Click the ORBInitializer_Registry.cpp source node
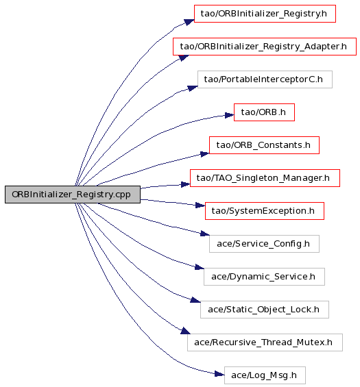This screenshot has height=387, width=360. (x=73, y=195)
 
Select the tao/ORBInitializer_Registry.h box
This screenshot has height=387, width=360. (x=265, y=14)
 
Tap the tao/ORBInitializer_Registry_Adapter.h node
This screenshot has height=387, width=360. (x=265, y=47)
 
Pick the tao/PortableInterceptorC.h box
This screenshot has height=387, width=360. (x=265, y=79)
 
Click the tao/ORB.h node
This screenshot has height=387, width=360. (x=264, y=112)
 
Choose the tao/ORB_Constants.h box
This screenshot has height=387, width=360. (x=264, y=145)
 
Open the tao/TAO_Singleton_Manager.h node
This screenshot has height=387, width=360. (x=265, y=178)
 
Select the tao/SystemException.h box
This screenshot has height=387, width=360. (x=265, y=211)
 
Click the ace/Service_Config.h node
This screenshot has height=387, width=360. (x=264, y=244)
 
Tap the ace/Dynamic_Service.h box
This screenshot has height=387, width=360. (x=264, y=277)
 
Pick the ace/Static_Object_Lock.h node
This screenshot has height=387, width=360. (x=265, y=310)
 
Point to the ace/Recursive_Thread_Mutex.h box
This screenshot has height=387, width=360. (x=265, y=342)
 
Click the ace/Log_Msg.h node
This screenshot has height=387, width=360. (x=265, y=375)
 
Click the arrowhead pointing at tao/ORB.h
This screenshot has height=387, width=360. (x=229, y=115)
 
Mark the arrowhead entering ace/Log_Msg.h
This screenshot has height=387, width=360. (x=219, y=374)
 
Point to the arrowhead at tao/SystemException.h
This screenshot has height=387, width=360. (x=200, y=205)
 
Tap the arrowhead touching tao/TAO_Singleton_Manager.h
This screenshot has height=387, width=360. (x=186, y=184)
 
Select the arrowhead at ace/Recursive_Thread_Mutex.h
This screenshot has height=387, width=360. (x=186, y=331)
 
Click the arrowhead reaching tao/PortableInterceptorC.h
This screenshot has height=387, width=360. (x=193, y=88)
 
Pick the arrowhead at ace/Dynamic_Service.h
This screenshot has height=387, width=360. (x=200, y=267)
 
